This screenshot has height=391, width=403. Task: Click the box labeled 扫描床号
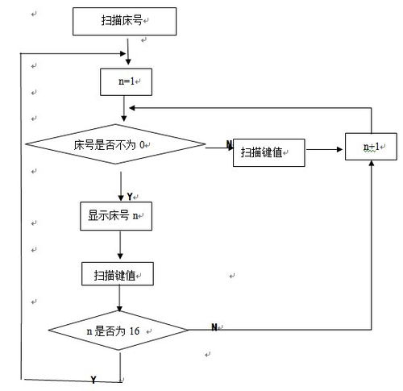click(x=124, y=21)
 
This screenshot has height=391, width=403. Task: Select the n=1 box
click(x=126, y=82)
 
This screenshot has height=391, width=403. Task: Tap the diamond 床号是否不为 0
click(x=115, y=144)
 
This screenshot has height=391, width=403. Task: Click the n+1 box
click(x=371, y=147)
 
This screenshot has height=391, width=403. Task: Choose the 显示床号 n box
click(x=116, y=216)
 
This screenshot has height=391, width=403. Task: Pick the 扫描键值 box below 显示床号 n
click(x=118, y=274)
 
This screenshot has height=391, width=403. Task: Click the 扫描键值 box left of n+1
click(x=269, y=152)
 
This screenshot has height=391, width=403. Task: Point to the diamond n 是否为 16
click(x=118, y=331)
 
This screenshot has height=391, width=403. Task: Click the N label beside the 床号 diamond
click(x=229, y=144)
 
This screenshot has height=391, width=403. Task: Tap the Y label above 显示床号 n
click(x=130, y=197)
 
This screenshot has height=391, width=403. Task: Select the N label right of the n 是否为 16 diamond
click(x=214, y=327)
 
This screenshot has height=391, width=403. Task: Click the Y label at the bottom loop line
click(x=93, y=380)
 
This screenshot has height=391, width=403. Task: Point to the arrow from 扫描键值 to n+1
click(x=325, y=149)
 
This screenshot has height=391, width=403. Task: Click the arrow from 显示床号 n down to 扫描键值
click(x=120, y=245)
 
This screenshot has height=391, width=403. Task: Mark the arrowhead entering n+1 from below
click(x=372, y=163)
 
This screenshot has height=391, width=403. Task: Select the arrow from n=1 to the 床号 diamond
click(x=124, y=109)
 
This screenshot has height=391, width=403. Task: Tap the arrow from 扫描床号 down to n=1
click(x=128, y=52)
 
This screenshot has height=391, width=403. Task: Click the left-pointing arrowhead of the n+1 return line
click(x=132, y=108)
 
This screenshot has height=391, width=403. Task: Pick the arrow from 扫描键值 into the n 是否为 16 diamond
click(x=119, y=298)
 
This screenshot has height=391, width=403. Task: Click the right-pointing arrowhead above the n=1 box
click(x=123, y=53)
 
